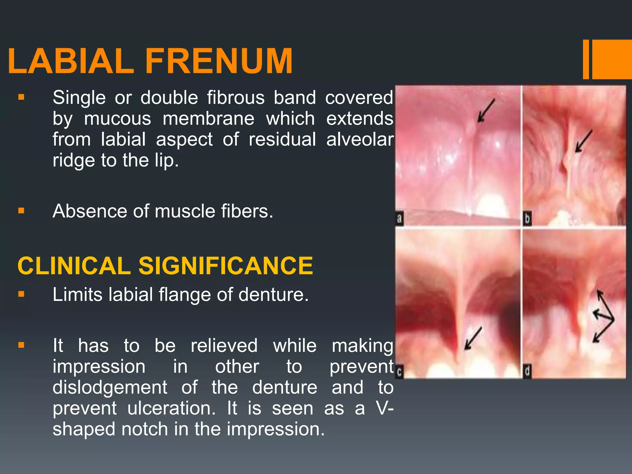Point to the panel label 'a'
399,218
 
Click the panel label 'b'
527,218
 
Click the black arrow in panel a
486,110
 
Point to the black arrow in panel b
583,141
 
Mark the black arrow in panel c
473,339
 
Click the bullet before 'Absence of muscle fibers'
21,211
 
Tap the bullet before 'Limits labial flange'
21,294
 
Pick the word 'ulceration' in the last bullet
171,408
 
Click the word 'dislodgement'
110,387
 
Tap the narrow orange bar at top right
586,59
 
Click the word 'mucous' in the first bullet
118,119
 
